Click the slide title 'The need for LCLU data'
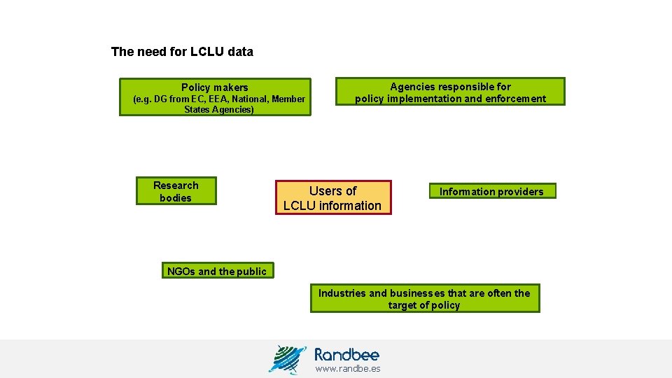point(182,52)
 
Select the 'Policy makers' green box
point(214,97)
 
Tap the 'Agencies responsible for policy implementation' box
point(450,92)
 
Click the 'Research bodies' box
point(176,191)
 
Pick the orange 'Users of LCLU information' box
point(332,198)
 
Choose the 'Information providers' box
point(491,192)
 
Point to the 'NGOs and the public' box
point(217,272)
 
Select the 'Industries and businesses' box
point(424,299)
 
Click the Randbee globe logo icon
point(288,358)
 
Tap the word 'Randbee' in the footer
point(346,354)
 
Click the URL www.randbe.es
point(348,369)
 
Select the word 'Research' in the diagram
point(176,185)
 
